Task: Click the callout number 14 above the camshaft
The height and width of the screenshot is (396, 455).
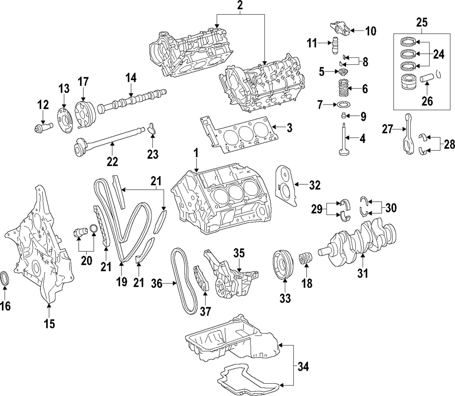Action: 131,78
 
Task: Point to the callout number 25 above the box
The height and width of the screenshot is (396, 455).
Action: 422,21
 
